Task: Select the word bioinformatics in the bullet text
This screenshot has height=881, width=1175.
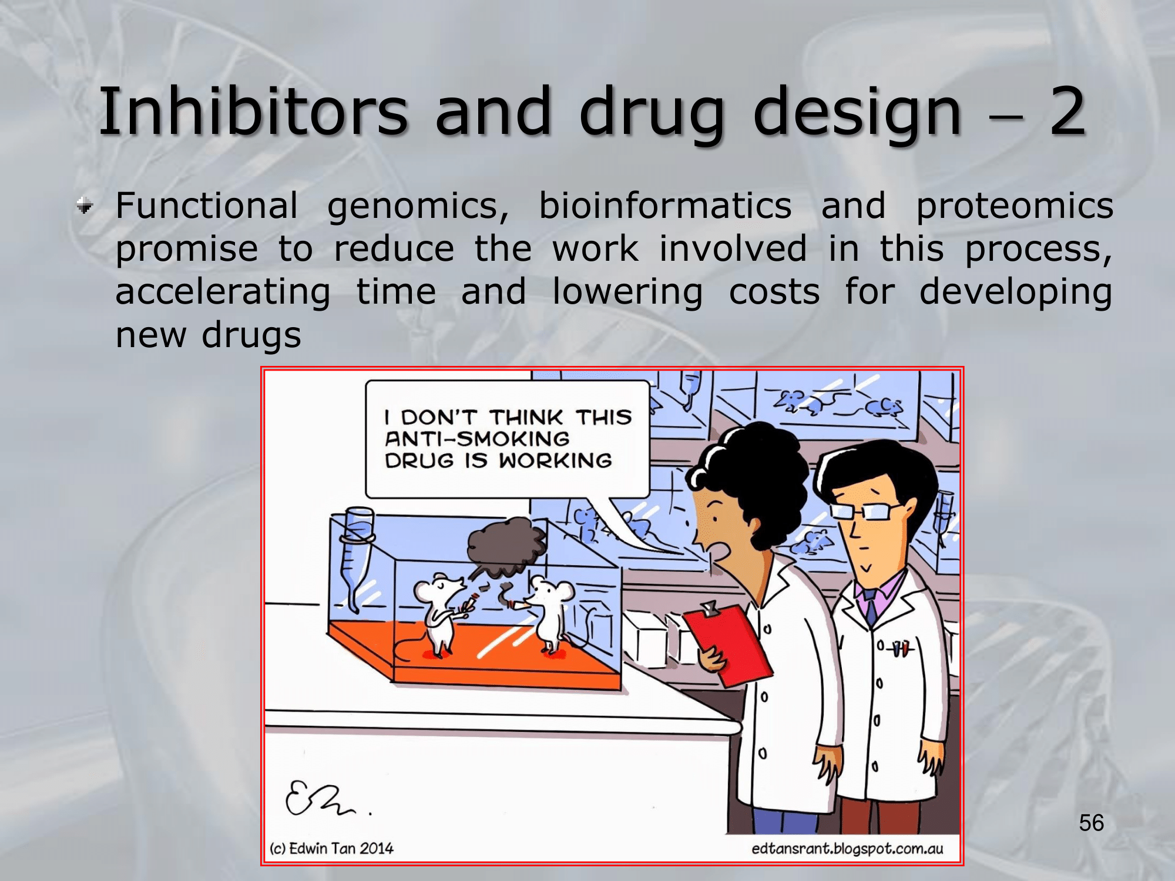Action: click(665, 206)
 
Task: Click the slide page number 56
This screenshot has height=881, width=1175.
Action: click(1092, 823)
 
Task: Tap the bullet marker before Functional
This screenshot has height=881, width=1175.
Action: click(85, 206)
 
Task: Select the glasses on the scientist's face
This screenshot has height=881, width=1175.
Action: click(867, 510)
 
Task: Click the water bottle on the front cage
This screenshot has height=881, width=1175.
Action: click(357, 558)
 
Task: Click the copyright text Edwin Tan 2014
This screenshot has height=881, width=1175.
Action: click(331, 848)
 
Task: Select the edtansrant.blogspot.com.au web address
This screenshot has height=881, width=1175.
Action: click(847, 849)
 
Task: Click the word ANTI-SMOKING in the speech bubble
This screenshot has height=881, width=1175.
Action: click(477, 439)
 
